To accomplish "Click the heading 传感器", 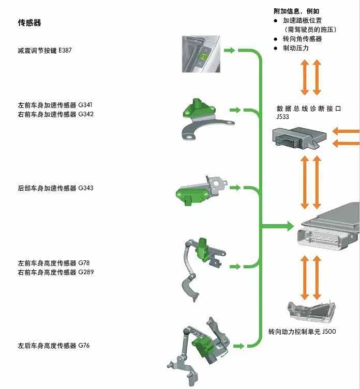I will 29,23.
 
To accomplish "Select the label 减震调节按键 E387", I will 44,51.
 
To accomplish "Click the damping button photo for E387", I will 201,54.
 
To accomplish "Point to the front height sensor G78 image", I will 202,267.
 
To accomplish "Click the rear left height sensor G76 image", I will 199,346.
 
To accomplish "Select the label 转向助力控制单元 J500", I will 302,331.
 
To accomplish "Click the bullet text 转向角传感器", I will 302,39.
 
